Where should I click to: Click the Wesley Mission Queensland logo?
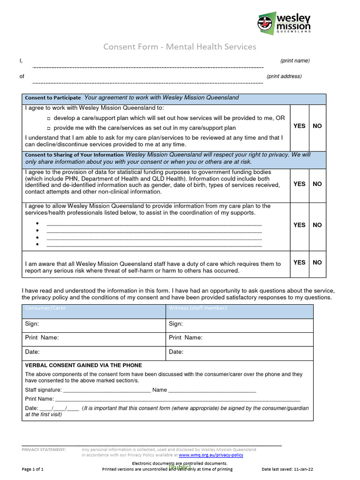click(x=284, y=23)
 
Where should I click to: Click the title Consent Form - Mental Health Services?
click(x=180, y=46)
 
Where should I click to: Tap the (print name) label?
click(x=295, y=60)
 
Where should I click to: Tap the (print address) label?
click(x=284, y=76)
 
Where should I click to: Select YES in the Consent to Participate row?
click(x=299, y=126)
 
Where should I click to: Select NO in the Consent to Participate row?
click(x=317, y=126)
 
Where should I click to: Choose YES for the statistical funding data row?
click(x=299, y=184)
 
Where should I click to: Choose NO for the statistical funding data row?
click(x=317, y=184)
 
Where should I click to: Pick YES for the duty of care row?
click(x=299, y=262)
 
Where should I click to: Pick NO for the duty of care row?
click(x=317, y=262)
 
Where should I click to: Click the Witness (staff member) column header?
click(x=197, y=308)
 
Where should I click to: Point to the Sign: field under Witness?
click(x=240, y=324)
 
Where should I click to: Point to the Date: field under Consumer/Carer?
click(x=94, y=352)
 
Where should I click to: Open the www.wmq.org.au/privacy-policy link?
click(x=211, y=455)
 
